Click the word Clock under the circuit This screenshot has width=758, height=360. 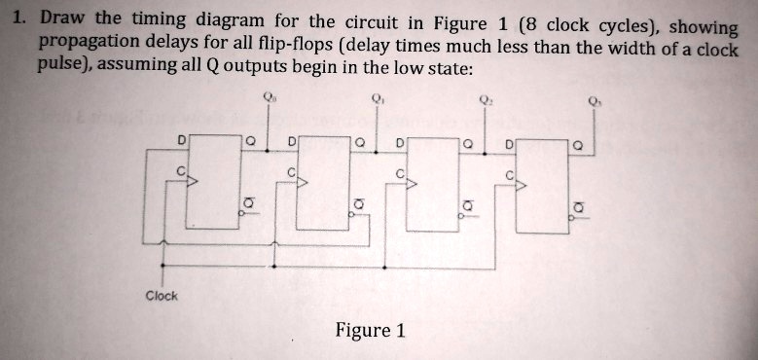[x=162, y=296]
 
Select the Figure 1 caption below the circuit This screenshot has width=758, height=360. [x=370, y=331]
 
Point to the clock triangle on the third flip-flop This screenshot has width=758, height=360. [x=410, y=183]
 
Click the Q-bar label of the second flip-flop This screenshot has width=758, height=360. [x=359, y=203]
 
